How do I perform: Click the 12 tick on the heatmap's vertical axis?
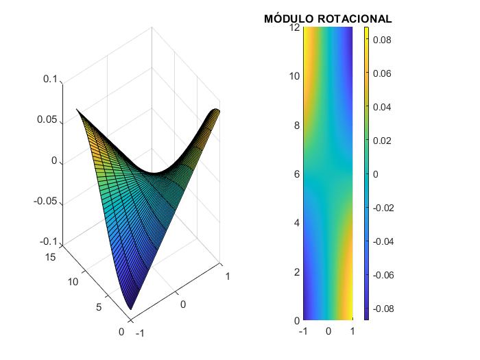(295, 27)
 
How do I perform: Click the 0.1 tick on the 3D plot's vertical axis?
(50, 80)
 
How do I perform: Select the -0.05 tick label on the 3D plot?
(46, 202)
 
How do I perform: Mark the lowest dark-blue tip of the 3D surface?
(131, 309)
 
